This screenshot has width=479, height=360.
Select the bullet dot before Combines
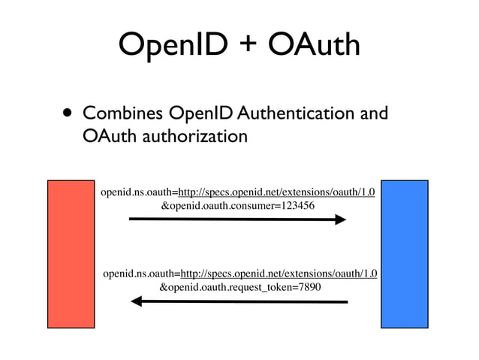(68, 115)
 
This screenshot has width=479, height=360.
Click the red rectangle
(71, 253)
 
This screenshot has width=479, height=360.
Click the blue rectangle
(404, 253)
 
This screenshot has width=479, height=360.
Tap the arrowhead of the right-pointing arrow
(339, 219)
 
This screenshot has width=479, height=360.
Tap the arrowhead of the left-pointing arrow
(137, 301)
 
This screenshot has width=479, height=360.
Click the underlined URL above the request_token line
(279, 274)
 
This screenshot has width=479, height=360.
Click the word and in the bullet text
(373, 114)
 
